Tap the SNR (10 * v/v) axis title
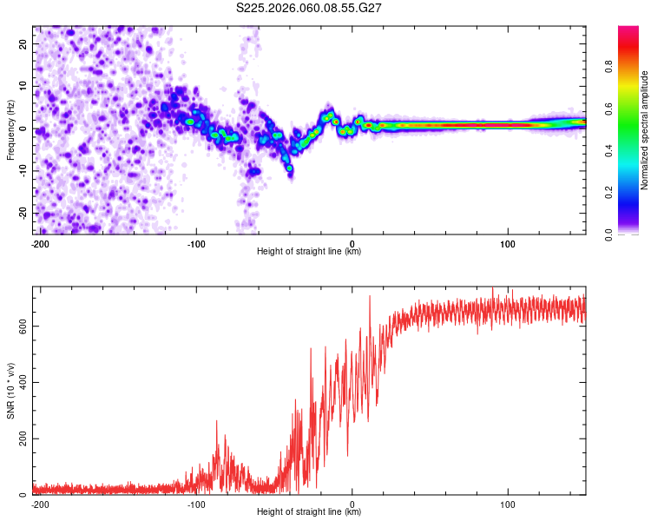10,392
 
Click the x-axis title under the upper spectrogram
309,251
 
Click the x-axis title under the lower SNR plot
309,511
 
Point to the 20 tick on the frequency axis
23,43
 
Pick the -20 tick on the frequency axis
21,214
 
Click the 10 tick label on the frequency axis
23,86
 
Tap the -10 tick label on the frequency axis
21,171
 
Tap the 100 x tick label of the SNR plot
508,504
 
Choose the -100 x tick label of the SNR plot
195,504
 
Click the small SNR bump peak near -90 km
216,422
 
